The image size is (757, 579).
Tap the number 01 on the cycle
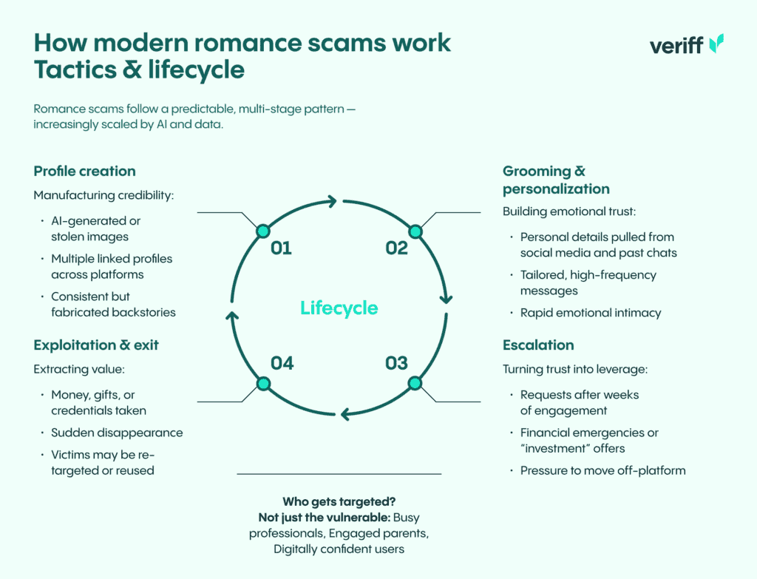point(281,248)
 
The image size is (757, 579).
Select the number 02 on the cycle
point(396,248)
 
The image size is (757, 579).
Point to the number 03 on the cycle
point(396,363)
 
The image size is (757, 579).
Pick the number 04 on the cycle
point(282,363)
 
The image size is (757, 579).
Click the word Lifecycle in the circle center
point(339,308)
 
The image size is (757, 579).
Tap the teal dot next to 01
point(262,231)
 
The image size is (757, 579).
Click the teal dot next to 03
point(415,383)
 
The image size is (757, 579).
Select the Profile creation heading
point(84,172)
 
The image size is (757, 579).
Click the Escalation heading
point(538,345)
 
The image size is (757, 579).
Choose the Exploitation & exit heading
point(96,345)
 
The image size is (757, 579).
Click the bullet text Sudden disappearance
point(117,433)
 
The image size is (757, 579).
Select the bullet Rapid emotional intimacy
point(591,313)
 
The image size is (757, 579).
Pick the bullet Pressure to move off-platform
point(602,470)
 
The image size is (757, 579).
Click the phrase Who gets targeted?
point(339,502)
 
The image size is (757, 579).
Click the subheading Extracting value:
point(77,369)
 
